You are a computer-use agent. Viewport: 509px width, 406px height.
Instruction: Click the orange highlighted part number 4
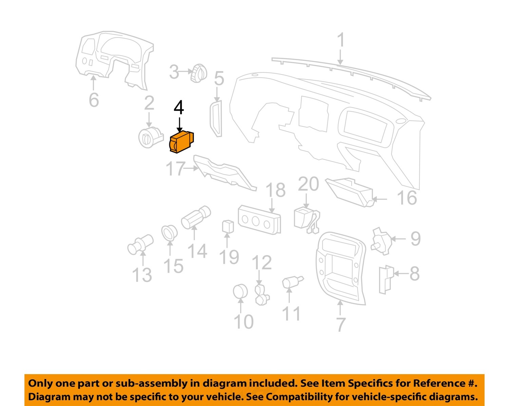pos(181,142)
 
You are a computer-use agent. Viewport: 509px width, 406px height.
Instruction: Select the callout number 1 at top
pos(341,40)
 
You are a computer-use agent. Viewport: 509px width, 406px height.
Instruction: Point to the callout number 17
pos(175,169)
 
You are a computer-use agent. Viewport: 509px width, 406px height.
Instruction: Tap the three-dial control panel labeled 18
pos(260,219)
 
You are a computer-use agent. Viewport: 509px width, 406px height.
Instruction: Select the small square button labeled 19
pos(228,227)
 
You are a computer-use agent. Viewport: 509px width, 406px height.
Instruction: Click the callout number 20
pos(308,184)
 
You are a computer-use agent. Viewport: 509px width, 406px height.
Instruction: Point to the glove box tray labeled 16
pos(350,192)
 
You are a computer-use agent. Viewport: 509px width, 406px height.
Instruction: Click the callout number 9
pos(415,239)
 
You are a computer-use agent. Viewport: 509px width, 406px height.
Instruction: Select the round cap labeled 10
pos(241,292)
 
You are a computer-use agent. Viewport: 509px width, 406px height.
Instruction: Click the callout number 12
pos(262,263)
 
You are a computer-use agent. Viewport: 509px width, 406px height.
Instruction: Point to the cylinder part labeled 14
pos(195,217)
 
